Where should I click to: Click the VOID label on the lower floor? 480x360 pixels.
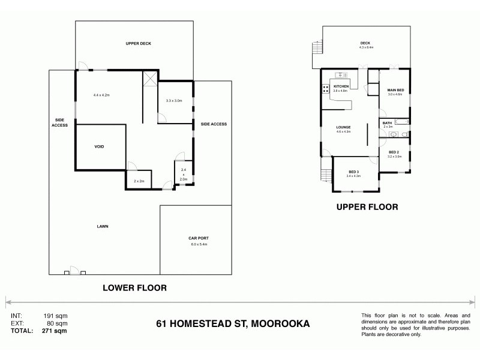[100, 147]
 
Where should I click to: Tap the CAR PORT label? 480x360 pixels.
[199, 238]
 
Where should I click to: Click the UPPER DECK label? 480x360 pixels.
[136, 44]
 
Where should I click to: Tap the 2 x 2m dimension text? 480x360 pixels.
[139, 181]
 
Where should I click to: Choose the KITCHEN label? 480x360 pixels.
[340, 86]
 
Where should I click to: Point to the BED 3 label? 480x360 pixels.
[353, 172]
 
